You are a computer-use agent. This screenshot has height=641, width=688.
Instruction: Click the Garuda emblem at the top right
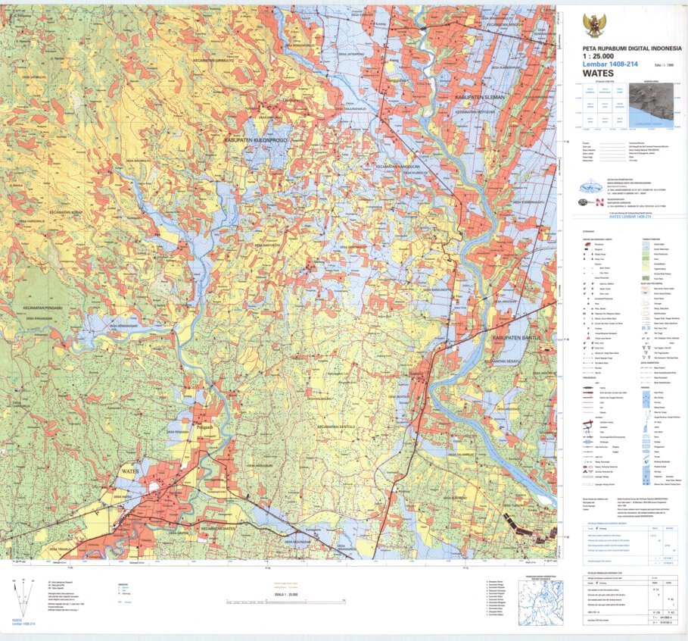pos(596,25)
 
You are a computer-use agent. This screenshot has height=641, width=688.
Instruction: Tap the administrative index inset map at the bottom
pos(541,602)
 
